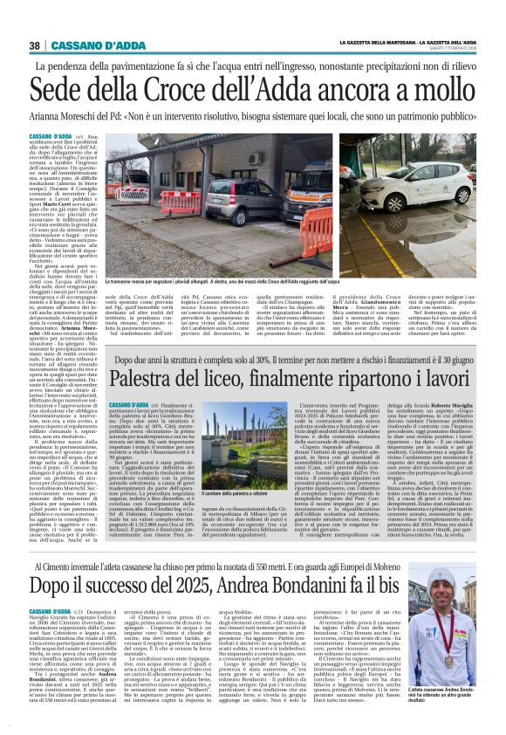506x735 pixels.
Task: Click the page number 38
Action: click(x=35, y=45)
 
